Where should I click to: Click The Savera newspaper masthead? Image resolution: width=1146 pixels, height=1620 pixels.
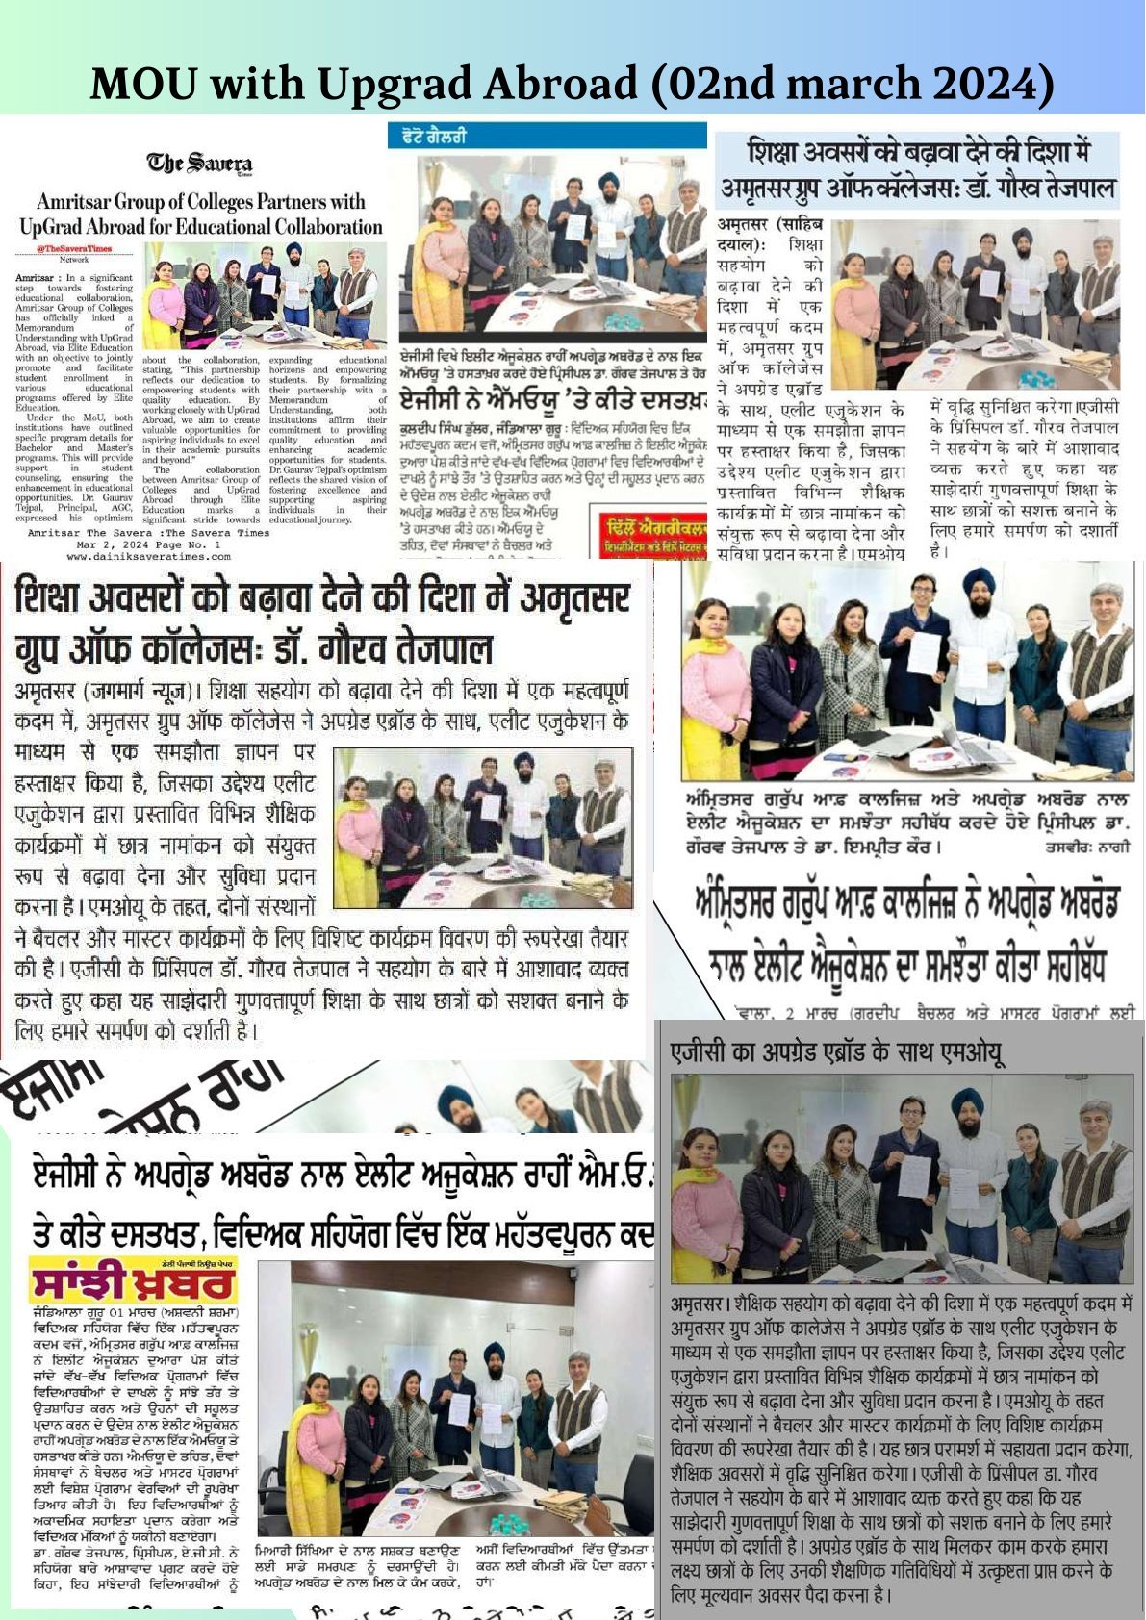(199, 165)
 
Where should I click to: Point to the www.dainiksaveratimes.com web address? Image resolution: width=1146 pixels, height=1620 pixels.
(149, 556)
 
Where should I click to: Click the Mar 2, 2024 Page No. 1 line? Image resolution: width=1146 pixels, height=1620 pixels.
(149, 544)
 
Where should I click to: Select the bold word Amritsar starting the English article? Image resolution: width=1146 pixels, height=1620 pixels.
(35, 277)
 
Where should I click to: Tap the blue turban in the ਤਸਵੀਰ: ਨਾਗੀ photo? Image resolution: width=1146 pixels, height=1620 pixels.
(979, 581)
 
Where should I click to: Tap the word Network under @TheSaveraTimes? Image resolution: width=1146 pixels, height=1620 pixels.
(73, 260)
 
